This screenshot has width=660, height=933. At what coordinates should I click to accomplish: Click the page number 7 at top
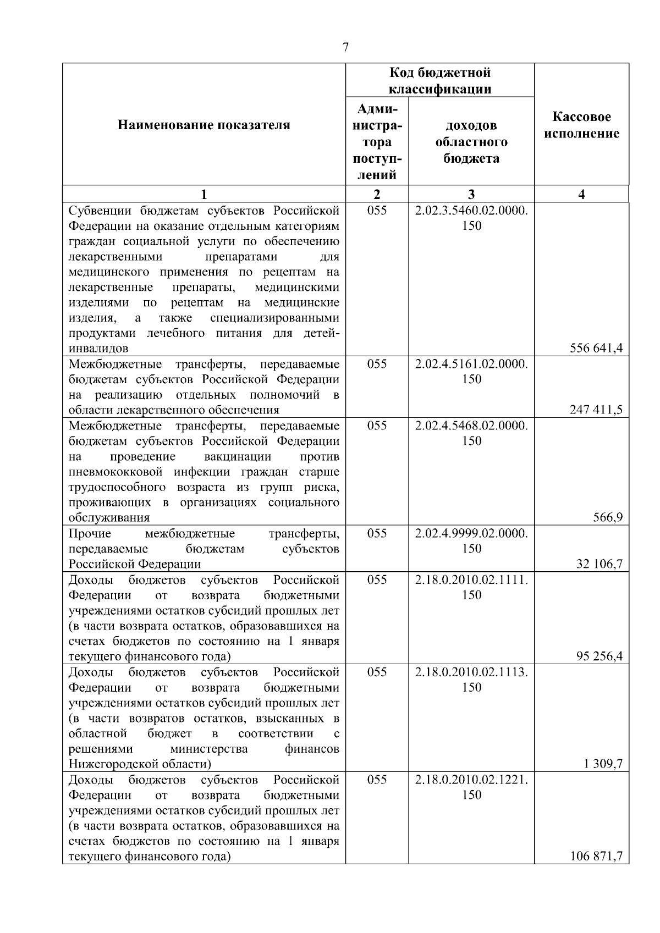tap(345, 48)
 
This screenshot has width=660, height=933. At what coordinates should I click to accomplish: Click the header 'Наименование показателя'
tap(204, 125)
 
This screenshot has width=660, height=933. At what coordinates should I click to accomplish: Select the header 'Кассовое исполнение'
tap(581, 125)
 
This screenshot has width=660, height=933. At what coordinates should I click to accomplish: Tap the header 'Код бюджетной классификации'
tap(440, 81)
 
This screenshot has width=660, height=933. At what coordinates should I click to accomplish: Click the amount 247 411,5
tap(597, 410)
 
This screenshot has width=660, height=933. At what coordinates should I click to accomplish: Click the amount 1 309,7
tap(603, 764)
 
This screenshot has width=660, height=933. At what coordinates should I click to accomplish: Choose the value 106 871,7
tap(597, 856)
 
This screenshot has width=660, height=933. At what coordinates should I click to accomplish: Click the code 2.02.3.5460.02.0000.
tap(471, 211)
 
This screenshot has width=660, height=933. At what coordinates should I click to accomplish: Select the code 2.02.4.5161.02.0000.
tap(471, 364)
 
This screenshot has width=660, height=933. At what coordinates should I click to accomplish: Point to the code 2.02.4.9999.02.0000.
tap(471, 533)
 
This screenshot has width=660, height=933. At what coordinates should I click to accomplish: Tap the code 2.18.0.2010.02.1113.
tap(471, 672)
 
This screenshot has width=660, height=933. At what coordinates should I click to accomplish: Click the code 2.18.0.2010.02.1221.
tap(471, 780)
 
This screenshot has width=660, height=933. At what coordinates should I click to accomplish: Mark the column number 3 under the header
tap(471, 194)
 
